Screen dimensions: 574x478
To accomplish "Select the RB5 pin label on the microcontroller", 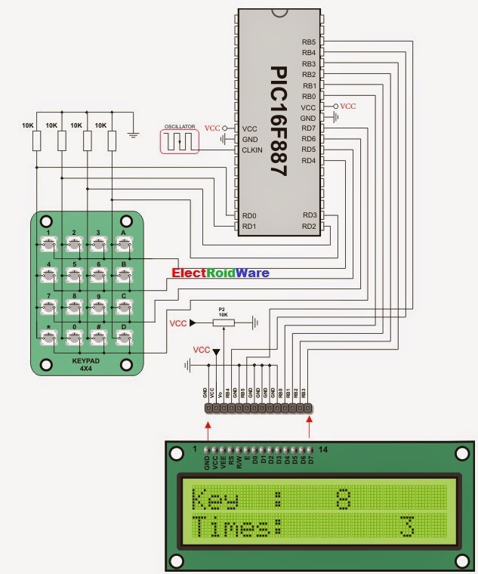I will coord(308,42).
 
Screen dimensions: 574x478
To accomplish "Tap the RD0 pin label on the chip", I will coord(249,215).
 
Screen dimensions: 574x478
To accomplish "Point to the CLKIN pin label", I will coord(254,150).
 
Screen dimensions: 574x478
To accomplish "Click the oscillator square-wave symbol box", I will coord(179,140).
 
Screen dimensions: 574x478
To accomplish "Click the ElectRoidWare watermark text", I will coord(220,273).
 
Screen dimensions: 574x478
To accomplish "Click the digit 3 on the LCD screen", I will coord(408,526).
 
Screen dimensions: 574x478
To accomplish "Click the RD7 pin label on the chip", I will coord(308,128).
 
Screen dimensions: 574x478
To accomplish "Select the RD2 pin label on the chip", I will coord(308,226).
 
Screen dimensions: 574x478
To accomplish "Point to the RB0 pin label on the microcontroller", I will coord(308,96).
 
